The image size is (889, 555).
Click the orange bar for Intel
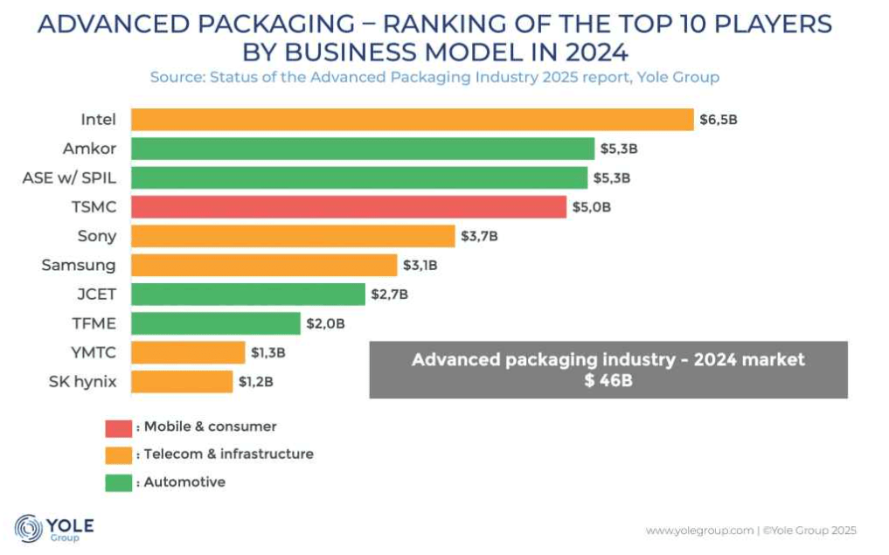click(x=412, y=119)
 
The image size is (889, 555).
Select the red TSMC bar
click(x=349, y=207)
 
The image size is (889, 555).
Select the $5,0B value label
click(x=592, y=207)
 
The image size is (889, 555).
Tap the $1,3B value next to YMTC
click(x=268, y=352)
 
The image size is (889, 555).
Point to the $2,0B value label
click(x=325, y=323)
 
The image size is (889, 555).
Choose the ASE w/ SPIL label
click(x=69, y=177)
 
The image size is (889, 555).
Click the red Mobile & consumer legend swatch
click(x=118, y=427)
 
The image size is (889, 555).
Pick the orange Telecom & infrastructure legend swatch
click(x=118, y=454)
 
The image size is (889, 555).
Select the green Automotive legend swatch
click(x=118, y=482)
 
